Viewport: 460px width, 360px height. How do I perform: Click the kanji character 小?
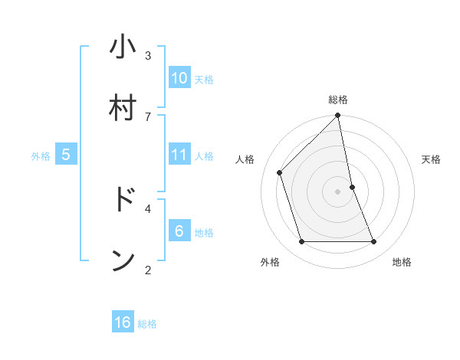pyautogui.click(x=123, y=47)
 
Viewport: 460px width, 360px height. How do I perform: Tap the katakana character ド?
pyautogui.click(x=123, y=199)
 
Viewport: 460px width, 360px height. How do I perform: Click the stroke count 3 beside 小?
pyautogui.click(x=148, y=55)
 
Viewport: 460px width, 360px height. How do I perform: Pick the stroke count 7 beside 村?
pyautogui.click(x=148, y=116)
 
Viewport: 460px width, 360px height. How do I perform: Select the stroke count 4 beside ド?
pyautogui.click(x=148, y=208)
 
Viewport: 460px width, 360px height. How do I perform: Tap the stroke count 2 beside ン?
pyautogui.click(x=148, y=270)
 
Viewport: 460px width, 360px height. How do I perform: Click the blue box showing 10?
pyautogui.click(x=179, y=78)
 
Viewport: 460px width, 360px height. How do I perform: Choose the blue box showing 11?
pyautogui.click(x=179, y=155)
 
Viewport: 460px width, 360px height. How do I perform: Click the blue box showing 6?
pyautogui.click(x=179, y=231)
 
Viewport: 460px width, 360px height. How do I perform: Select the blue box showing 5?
pyautogui.click(x=66, y=155)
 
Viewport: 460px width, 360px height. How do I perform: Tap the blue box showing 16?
pyautogui.click(x=123, y=322)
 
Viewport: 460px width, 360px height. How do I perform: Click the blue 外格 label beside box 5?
pyautogui.click(x=41, y=156)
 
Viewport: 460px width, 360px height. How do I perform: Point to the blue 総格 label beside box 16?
pyautogui.click(x=147, y=324)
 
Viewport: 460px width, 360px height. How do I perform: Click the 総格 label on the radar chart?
pyautogui.click(x=338, y=100)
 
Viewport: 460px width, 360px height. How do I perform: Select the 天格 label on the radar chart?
pyautogui.click(x=432, y=159)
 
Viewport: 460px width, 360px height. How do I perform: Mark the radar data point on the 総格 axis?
pyautogui.click(x=338, y=116)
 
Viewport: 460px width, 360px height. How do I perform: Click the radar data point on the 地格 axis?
pyautogui.click(x=374, y=242)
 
